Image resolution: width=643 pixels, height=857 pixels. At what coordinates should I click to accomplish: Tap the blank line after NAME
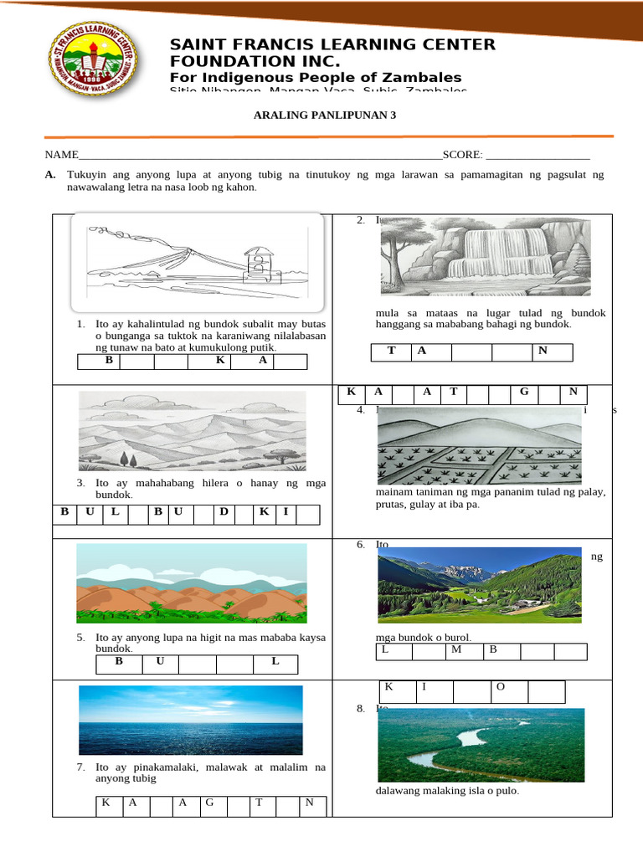click(x=260, y=156)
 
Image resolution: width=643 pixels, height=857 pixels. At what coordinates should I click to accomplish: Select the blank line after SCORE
click(x=538, y=156)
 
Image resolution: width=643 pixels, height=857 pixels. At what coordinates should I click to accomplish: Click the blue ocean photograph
click(x=191, y=721)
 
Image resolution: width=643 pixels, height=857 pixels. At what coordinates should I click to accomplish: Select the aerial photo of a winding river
click(x=479, y=746)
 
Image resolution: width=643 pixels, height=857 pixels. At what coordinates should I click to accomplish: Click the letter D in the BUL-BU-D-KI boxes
click(x=224, y=511)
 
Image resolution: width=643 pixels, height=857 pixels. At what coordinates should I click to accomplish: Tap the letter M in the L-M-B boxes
click(x=456, y=649)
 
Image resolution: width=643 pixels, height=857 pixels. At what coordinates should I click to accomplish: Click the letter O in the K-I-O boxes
click(x=501, y=687)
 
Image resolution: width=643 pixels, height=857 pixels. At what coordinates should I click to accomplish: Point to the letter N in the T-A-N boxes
click(x=543, y=351)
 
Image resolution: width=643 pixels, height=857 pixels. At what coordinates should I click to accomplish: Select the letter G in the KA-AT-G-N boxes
click(x=524, y=392)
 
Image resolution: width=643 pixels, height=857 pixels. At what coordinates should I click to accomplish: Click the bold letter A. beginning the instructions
click(x=50, y=175)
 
